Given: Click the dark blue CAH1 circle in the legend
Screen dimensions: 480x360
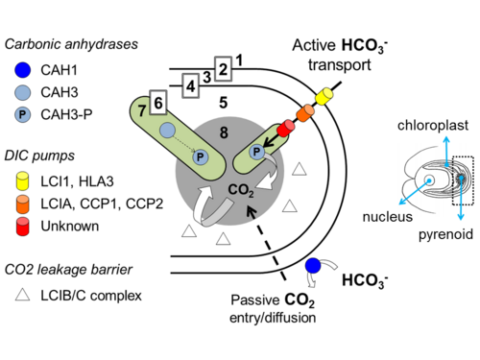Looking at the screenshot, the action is [x=23, y=70].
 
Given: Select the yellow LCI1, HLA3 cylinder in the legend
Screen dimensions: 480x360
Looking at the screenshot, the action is [x=22, y=180].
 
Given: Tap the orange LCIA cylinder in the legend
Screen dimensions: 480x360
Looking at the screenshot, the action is [x=22, y=204].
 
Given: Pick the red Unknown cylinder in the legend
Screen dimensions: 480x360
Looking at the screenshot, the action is [x=22, y=227].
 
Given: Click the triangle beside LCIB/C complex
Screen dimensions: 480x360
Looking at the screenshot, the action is [x=23, y=295].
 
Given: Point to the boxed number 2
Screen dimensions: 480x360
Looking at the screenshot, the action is [x=223, y=69].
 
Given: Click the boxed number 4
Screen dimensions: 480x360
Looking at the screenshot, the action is [x=191, y=85].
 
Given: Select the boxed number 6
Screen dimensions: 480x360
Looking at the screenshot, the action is [x=158, y=102].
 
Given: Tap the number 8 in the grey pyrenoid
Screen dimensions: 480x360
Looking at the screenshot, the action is [x=224, y=132].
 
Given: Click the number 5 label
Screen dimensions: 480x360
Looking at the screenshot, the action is [x=224, y=103].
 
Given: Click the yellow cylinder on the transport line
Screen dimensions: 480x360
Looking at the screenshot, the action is [x=324, y=96].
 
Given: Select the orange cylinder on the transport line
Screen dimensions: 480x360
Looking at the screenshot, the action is [x=305, y=112].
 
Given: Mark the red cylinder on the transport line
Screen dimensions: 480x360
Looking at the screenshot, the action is [x=286, y=128].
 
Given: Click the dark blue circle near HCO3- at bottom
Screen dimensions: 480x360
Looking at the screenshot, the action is [x=313, y=265].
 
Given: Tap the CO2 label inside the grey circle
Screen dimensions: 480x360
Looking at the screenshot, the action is [x=241, y=190].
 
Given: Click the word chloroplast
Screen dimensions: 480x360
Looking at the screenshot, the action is [x=433, y=125].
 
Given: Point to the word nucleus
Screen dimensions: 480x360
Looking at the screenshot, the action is [x=388, y=217].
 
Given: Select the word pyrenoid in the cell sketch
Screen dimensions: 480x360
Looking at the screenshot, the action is [x=445, y=234].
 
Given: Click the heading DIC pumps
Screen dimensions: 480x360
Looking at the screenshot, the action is [x=39, y=156].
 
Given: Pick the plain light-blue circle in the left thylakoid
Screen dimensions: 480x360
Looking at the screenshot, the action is [x=167, y=131].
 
